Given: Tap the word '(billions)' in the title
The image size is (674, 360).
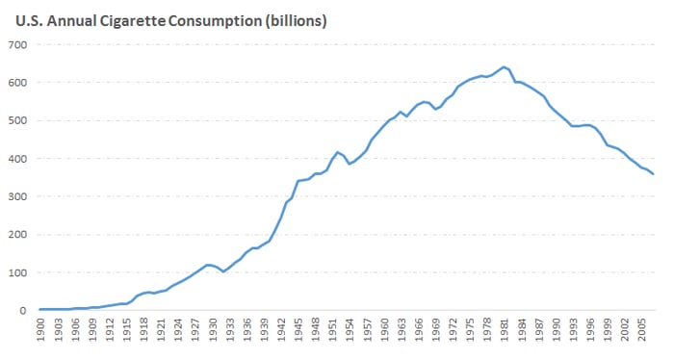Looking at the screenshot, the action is click(296, 21).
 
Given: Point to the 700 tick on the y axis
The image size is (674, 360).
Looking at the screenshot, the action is click(17, 44).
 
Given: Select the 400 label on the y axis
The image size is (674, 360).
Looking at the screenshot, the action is click(17, 159).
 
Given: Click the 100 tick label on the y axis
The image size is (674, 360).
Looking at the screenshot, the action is click(17, 272).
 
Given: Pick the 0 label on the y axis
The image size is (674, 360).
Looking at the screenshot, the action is click(23, 311).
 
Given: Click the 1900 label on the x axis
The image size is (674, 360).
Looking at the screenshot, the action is click(40, 330).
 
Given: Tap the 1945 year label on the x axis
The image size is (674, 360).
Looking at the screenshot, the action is click(298, 330).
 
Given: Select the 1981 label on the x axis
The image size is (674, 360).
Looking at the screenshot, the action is click(505, 330).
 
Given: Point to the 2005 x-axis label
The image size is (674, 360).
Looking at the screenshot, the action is click(642, 330).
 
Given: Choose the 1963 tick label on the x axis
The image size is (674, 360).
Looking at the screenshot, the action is click(402, 330).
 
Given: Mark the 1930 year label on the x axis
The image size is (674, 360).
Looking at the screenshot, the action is click(213, 330).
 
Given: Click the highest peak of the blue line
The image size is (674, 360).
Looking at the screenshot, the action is click(504, 67).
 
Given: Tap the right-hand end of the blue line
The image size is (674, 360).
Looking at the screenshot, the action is click(654, 174).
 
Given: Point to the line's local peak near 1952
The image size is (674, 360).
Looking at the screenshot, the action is click(337, 152).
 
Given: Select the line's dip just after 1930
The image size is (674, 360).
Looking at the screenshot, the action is click(223, 271).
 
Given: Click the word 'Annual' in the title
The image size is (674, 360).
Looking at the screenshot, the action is click(72, 20).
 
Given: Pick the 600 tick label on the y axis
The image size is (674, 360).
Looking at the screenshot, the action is click(17, 83).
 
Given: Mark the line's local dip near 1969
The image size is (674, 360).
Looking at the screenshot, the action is click(435, 109).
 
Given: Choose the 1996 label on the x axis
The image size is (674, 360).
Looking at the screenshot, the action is click(590, 330).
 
